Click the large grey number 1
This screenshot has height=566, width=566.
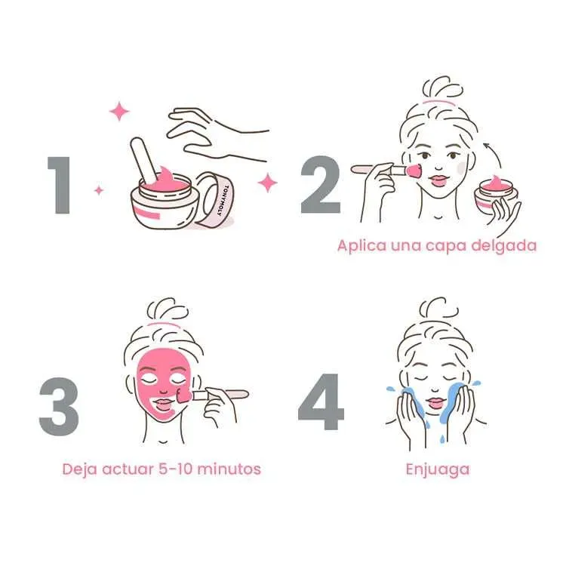[x=60, y=185]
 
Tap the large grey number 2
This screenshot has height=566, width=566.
[x=321, y=185]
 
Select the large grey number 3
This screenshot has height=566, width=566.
[x=59, y=407]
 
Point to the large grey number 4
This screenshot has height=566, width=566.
[x=321, y=401]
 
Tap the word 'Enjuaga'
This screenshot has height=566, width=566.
[x=438, y=469]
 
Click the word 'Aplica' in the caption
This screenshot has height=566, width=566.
[x=361, y=246]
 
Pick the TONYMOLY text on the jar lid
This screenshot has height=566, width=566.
[x=223, y=200]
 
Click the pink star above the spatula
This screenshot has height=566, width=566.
[x=119, y=112]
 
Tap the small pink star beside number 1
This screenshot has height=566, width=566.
[x=99, y=190]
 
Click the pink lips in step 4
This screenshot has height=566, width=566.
[x=436, y=402]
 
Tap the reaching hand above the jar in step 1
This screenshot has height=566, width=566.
[x=217, y=134]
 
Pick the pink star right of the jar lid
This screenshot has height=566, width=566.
[x=267, y=183]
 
